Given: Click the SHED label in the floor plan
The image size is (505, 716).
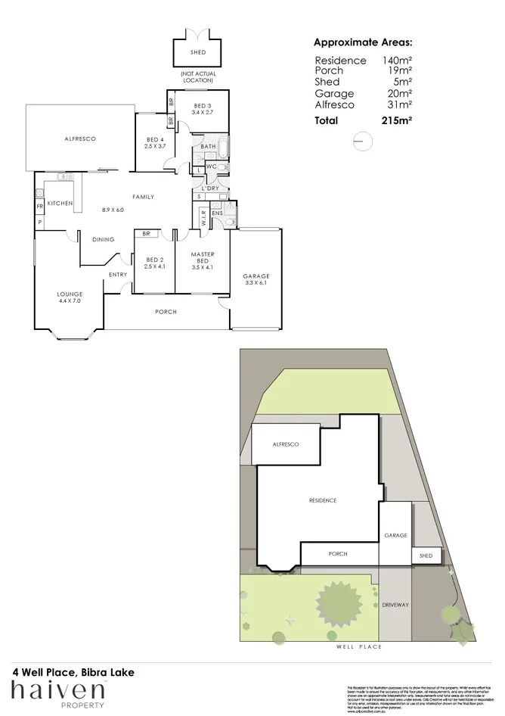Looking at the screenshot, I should [x=198, y=53].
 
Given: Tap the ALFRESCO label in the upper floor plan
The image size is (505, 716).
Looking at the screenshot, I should [x=79, y=139].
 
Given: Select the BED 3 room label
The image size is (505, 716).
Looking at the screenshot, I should [x=203, y=106].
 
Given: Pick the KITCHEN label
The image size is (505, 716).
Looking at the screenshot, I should [x=60, y=204].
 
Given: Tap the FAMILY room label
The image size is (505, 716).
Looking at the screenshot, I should [x=144, y=197].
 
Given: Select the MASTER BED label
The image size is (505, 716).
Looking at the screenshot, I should [x=203, y=257].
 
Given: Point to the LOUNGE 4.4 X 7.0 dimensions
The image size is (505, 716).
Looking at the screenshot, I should [x=70, y=301].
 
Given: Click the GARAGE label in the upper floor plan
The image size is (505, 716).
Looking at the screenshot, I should [x=256, y=276].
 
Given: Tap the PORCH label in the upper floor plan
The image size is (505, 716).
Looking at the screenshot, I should [x=166, y=312].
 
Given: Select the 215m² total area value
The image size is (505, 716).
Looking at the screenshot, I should [x=397, y=120].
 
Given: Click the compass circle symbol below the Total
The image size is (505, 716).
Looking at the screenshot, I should [x=362, y=141].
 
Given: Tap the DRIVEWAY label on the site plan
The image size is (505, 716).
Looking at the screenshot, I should [x=395, y=605].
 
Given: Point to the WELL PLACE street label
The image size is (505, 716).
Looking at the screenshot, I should [x=359, y=647].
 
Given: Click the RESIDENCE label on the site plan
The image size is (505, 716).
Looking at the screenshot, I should [x=322, y=501].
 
